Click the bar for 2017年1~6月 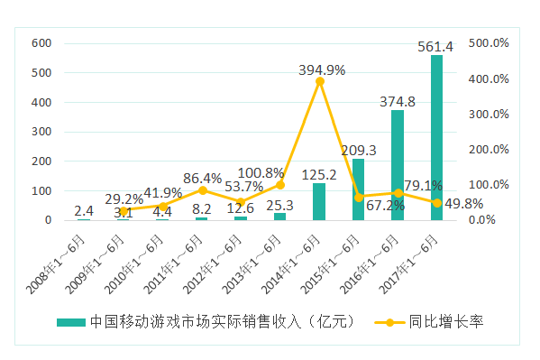436,138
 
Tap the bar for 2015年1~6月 358,189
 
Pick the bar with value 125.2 319,202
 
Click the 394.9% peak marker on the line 320,81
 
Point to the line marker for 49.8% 436,203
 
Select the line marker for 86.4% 202,190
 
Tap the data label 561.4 435,46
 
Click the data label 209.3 360,150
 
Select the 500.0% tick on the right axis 491,43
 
